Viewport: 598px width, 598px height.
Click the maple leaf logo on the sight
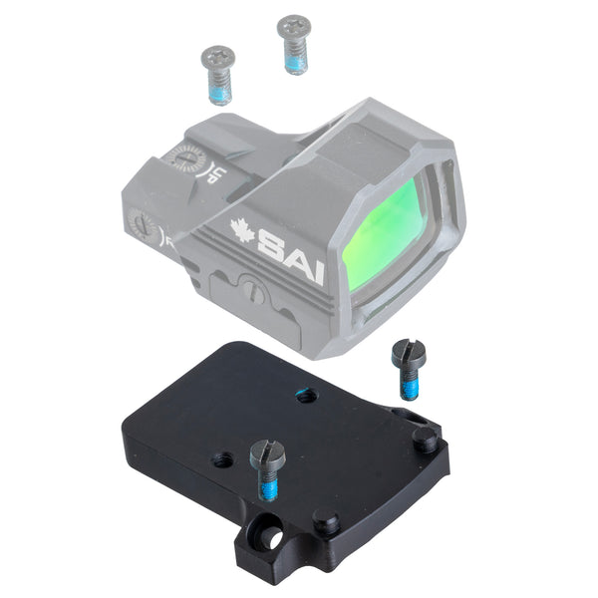[243, 230]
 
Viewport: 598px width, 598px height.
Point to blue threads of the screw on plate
[269, 487]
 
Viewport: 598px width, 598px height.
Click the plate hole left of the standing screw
[222, 459]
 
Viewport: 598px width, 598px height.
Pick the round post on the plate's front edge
[325, 522]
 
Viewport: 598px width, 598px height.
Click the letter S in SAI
[270, 241]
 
